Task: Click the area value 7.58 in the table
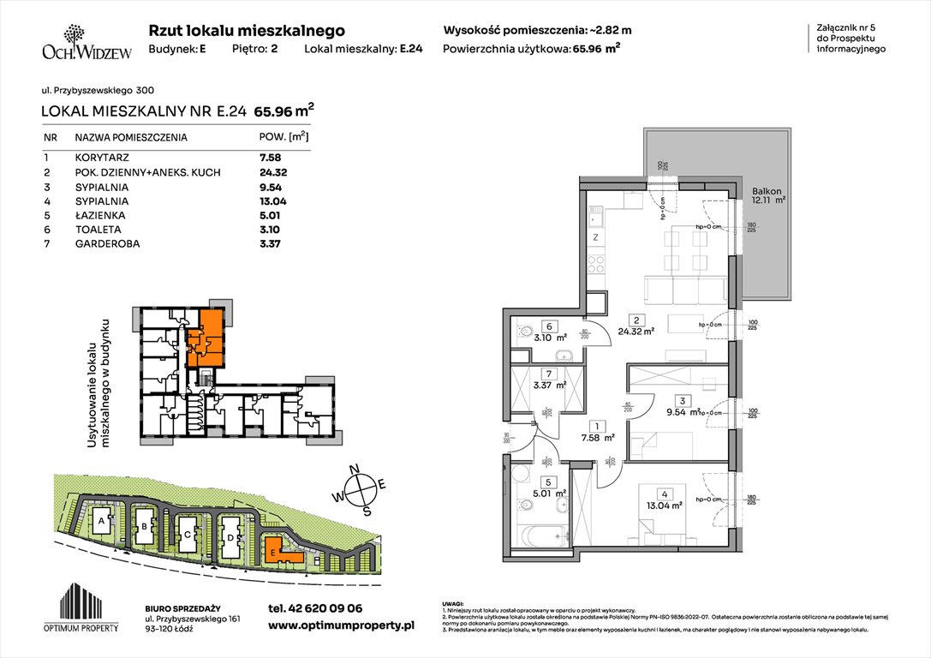click(270, 158)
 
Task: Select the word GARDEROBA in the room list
click(105, 244)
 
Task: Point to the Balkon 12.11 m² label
click(767, 197)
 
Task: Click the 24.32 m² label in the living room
click(637, 330)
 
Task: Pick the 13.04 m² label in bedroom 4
click(664, 505)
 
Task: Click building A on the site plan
click(101, 521)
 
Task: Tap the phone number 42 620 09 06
click(315, 608)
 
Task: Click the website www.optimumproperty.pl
click(341, 626)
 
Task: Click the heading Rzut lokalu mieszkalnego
click(247, 30)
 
